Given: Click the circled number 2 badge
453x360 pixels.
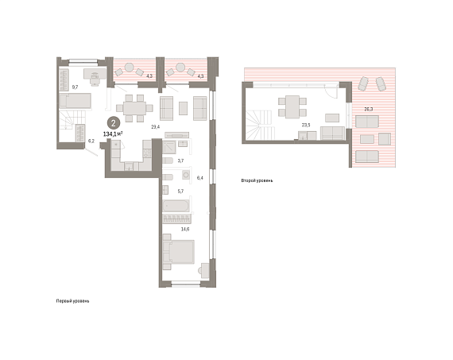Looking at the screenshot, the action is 113,123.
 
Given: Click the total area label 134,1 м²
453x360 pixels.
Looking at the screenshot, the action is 113,134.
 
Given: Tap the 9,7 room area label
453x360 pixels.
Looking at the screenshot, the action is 75,87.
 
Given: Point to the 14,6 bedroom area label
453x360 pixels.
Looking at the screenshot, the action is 185,229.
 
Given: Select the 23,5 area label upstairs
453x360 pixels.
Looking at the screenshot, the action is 306,125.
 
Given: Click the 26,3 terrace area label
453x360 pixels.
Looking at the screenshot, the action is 368,109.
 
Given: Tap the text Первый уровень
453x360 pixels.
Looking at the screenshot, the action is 72,301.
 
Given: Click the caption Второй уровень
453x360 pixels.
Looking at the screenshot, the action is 257,180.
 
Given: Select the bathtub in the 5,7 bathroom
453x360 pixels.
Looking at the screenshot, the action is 176,206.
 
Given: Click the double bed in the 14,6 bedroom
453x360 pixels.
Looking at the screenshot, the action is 179,252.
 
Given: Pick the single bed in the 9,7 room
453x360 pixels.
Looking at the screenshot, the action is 75,101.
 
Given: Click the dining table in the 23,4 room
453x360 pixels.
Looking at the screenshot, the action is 134,108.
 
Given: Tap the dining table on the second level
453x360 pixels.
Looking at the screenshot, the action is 292,107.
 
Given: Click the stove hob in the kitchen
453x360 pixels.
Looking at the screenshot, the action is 147,153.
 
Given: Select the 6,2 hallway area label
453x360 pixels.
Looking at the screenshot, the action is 91,141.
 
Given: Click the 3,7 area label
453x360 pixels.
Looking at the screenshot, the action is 180,161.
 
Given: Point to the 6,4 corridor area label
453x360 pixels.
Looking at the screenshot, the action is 200,178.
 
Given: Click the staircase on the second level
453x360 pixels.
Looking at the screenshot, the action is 259,124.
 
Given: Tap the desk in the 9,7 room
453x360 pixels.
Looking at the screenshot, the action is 95,74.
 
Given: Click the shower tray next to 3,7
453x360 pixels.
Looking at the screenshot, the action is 169,147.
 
